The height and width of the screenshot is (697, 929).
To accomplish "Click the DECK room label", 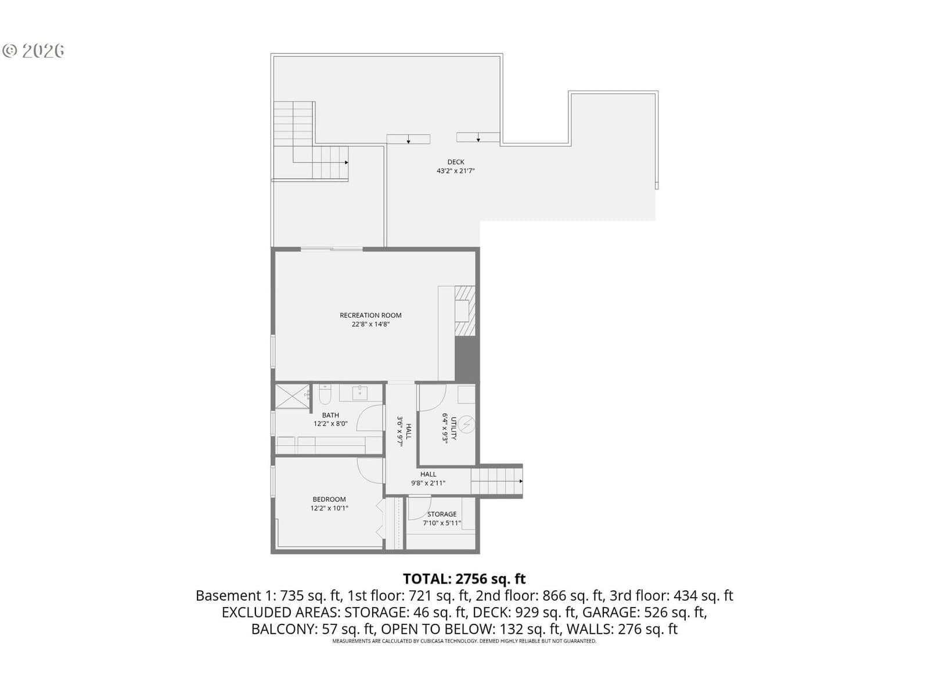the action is (x=455, y=161).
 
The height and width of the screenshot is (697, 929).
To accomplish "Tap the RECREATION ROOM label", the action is (x=370, y=315).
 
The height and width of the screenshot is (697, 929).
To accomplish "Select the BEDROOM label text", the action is (x=329, y=500).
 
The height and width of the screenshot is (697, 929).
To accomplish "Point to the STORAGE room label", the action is (x=441, y=514).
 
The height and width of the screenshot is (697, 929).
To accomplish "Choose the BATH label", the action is (x=330, y=415).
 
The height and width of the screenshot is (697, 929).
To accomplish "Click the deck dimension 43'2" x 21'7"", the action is (x=455, y=171).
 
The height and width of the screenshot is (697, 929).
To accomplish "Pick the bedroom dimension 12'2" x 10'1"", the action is (x=329, y=508).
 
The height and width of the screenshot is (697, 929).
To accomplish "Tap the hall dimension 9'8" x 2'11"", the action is (x=428, y=483).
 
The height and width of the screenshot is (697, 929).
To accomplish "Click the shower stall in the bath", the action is (x=292, y=396).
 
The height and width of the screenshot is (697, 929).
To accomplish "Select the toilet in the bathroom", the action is (x=325, y=394).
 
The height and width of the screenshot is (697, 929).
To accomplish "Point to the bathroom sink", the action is (x=360, y=392).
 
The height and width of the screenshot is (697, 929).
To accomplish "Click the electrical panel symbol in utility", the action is (x=466, y=425).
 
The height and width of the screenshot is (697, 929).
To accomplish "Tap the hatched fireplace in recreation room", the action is (x=464, y=311).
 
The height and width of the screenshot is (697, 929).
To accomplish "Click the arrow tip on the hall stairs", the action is (x=522, y=481).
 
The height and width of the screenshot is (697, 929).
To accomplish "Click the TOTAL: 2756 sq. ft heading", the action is (x=464, y=579).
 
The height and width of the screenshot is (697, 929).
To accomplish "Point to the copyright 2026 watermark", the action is (x=33, y=51).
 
